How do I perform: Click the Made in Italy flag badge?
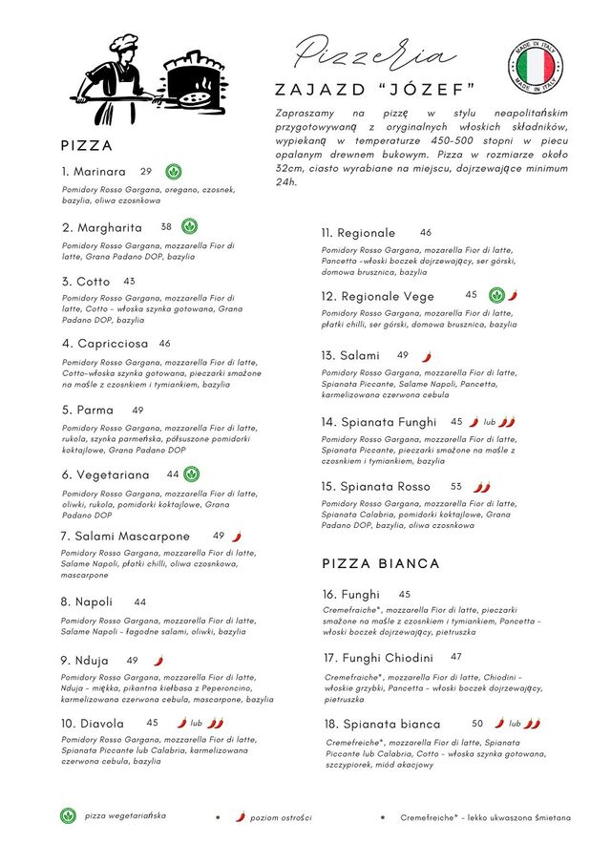click(535, 66)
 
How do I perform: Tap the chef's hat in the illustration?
click(124, 43)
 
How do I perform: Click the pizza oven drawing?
click(195, 85)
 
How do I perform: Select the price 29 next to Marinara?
click(146, 172)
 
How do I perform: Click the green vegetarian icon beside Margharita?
click(191, 226)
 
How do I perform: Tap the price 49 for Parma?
click(138, 411)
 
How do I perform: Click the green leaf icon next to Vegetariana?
click(192, 474)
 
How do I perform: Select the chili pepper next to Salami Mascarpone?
click(237, 537)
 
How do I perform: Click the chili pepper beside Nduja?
click(158, 660)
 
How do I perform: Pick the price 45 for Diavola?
click(153, 723)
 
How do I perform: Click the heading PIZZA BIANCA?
click(381, 564)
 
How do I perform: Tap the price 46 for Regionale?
click(426, 232)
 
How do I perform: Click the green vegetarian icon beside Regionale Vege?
click(496, 295)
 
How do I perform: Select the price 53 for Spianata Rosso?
click(456, 486)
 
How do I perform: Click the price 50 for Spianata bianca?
click(477, 724)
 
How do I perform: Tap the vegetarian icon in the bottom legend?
click(68, 816)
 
